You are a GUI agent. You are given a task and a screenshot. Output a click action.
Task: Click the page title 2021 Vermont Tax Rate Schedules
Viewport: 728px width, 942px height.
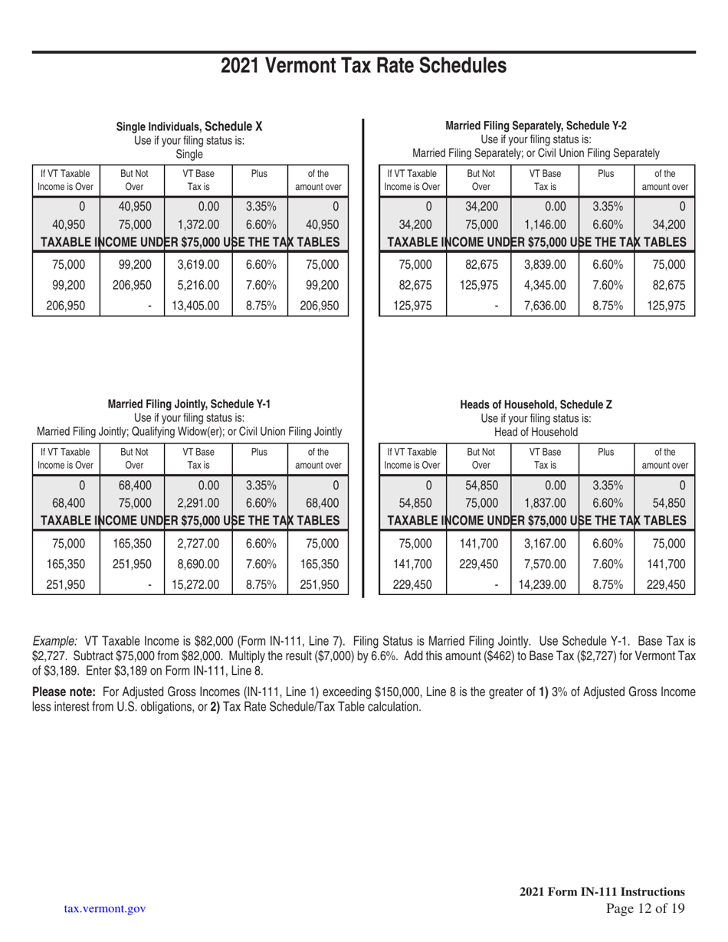(x=363, y=67)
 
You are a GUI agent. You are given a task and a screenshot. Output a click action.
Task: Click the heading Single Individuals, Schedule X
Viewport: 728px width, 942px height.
(x=189, y=126)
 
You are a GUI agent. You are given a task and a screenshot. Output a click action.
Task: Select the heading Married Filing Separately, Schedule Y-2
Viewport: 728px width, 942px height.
(x=536, y=126)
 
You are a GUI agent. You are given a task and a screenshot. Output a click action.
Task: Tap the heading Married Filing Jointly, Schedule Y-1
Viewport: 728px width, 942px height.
(x=189, y=404)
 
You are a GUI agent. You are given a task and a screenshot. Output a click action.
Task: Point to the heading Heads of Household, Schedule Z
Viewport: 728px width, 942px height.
(x=536, y=404)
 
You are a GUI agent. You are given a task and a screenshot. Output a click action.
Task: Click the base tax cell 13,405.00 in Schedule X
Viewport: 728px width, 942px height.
(x=197, y=306)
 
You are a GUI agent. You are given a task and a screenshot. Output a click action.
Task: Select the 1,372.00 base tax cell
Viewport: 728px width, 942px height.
(x=197, y=224)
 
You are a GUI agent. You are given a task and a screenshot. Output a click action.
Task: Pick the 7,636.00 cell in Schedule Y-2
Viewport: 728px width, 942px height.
(x=544, y=306)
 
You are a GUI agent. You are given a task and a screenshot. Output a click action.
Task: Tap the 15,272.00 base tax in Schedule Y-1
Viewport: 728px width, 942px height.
(x=197, y=584)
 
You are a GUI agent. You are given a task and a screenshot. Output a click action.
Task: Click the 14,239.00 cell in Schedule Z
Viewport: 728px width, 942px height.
(x=544, y=584)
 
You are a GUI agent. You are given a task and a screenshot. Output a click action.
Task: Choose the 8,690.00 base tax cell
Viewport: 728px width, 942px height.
(x=197, y=564)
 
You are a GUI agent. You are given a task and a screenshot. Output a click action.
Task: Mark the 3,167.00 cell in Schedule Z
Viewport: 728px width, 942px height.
(x=544, y=544)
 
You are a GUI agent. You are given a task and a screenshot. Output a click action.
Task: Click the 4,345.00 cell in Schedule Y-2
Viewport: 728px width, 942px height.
(x=544, y=286)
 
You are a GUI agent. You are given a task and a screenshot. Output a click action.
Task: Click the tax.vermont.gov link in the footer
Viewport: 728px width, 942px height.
(x=105, y=909)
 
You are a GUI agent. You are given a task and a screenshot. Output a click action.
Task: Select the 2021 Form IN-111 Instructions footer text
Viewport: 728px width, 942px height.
(x=602, y=891)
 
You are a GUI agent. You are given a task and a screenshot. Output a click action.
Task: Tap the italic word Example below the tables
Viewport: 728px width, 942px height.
(x=55, y=639)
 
